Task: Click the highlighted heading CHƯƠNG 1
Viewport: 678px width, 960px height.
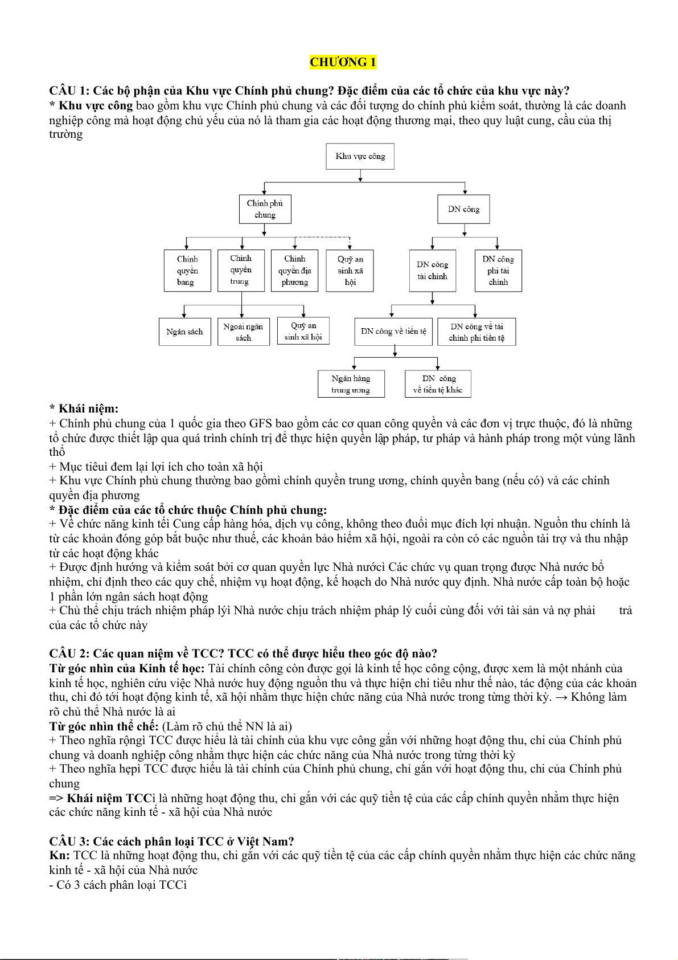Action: pyautogui.click(x=343, y=62)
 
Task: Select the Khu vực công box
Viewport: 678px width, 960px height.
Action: pyautogui.click(x=360, y=156)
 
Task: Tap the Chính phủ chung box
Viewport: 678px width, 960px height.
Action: pyautogui.click(x=265, y=209)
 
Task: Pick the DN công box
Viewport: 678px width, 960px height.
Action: pyautogui.click(x=463, y=209)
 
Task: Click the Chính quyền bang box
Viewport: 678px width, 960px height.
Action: pyautogui.click(x=187, y=271)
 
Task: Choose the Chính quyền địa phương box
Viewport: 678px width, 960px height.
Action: pyautogui.click(x=294, y=271)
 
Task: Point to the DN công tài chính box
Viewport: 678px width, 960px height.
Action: pyautogui.click(x=432, y=271)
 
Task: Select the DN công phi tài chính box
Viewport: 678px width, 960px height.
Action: pyautogui.click(x=498, y=271)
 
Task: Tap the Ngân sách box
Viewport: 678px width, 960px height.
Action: pyautogui.click(x=184, y=332)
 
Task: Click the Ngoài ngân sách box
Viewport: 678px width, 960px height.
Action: pyautogui.click(x=243, y=332)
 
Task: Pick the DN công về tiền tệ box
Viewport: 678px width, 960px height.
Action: pyautogui.click(x=393, y=332)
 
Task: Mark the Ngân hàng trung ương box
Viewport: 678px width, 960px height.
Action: pyautogui.click(x=351, y=384)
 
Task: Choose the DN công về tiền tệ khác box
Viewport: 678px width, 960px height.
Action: pyautogui.click(x=438, y=384)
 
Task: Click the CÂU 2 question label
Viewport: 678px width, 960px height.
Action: pyautogui.click(x=69, y=653)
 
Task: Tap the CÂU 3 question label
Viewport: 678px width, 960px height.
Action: pyautogui.click(x=69, y=841)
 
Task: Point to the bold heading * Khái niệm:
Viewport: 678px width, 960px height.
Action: pyautogui.click(x=84, y=408)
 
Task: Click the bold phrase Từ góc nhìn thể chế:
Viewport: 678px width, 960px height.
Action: pyautogui.click(x=104, y=726)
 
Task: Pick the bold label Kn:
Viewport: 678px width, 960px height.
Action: pyautogui.click(x=59, y=855)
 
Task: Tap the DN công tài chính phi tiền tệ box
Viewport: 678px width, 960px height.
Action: pyautogui.click(x=476, y=332)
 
